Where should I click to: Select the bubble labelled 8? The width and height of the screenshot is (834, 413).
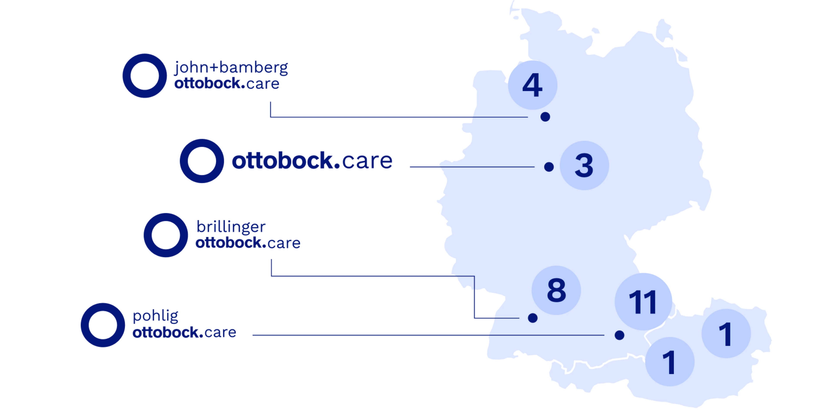(x=556, y=290)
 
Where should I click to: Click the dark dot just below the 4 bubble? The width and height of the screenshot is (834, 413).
(x=545, y=117)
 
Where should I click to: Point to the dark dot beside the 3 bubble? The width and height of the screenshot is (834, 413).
(x=549, y=167)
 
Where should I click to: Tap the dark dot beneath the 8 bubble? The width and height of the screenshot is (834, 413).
(x=533, y=318)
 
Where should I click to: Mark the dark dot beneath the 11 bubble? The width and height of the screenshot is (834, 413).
(x=619, y=335)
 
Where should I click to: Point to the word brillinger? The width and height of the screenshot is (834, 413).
(x=230, y=228)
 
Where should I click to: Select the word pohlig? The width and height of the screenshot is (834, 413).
(x=156, y=318)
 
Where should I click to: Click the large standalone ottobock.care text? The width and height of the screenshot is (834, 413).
(x=311, y=161)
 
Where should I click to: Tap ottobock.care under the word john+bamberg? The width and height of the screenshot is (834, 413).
(x=227, y=84)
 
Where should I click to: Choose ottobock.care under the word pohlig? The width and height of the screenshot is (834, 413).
(x=184, y=332)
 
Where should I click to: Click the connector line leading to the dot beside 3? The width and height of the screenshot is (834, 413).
(x=486, y=167)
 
